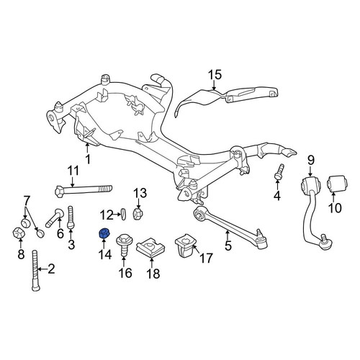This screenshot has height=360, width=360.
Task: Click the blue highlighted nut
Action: click(x=104, y=233)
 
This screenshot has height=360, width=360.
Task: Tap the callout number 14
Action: click(x=104, y=254)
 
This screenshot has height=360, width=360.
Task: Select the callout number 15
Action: click(x=215, y=75)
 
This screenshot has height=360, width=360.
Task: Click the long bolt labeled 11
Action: click(x=84, y=191)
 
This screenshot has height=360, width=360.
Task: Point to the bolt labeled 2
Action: click(x=35, y=271)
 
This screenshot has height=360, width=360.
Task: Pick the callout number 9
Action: click(x=311, y=160)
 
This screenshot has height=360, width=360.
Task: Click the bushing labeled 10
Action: click(x=337, y=184)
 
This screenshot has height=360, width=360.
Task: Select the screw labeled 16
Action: click(x=123, y=244)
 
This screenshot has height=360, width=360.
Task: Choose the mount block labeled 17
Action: click(x=185, y=246)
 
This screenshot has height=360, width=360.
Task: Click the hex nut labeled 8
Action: click(x=19, y=233)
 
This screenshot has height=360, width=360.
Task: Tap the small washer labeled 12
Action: click(x=124, y=214)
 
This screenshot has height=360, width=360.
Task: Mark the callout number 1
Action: click(x=88, y=159)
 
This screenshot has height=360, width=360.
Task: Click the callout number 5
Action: click(x=228, y=246)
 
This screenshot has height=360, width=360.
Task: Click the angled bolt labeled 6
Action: click(x=55, y=217)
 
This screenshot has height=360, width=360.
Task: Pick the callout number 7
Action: click(x=26, y=200)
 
